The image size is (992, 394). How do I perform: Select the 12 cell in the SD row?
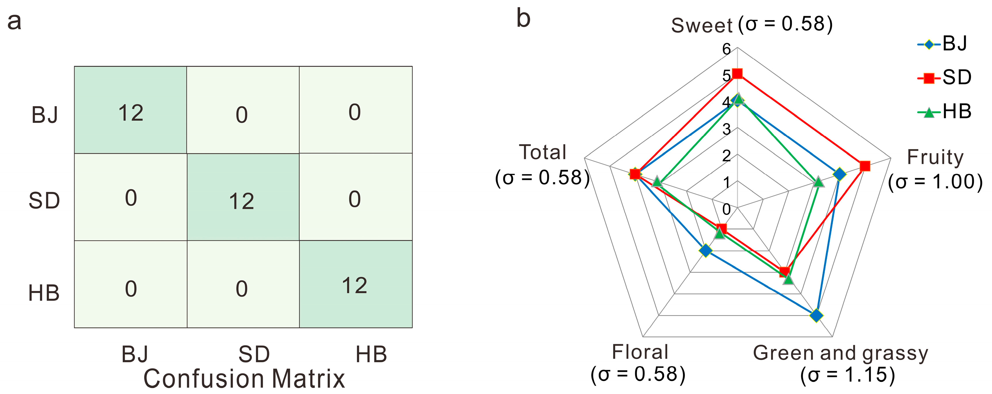pyautogui.click(x=241, y=201)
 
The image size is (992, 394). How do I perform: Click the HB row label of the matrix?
pyautogui.click(x=44, y=293)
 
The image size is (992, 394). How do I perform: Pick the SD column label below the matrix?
pyautogui.click(x=254, y=354)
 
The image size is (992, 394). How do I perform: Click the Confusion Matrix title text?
pyautogui.click(x=244, y=379)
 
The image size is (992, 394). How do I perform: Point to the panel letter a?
pyautogui.click(x=14, y=22)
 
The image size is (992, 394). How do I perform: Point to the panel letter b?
pyautogui.click(x=523, y=18)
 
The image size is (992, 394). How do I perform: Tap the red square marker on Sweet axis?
pyautogui.click(x=737, y=74)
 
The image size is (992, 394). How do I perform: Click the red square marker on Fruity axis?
pyautogui.click(x=865, y=166)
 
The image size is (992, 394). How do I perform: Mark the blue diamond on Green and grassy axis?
pyautogui.click(x=816, y=316)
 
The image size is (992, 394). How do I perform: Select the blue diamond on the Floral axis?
pyautogui.click(x=706, y=251)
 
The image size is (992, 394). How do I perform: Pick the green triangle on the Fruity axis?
pyautogui.click(x=818, y=181)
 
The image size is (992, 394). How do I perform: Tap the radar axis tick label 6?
pyautogui.click(x=726, y=49)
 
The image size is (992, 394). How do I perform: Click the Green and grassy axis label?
pyautogui.click(x=840, y=353)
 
